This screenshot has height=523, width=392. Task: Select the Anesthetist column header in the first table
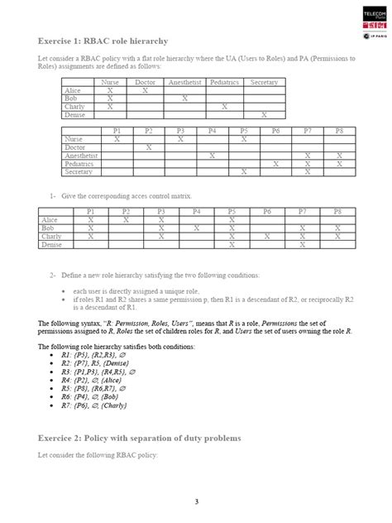184,83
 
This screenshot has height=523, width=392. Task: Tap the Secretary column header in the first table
264,83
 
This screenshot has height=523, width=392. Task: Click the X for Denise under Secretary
264,115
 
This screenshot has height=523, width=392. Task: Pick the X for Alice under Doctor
145,90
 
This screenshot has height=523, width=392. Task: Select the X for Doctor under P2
149,147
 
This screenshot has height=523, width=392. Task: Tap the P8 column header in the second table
338,132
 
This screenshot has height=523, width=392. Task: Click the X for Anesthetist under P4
213,156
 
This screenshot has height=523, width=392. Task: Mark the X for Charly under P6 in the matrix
267,237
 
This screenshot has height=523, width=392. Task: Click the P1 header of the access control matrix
91,212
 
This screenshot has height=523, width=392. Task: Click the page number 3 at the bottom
196,501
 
